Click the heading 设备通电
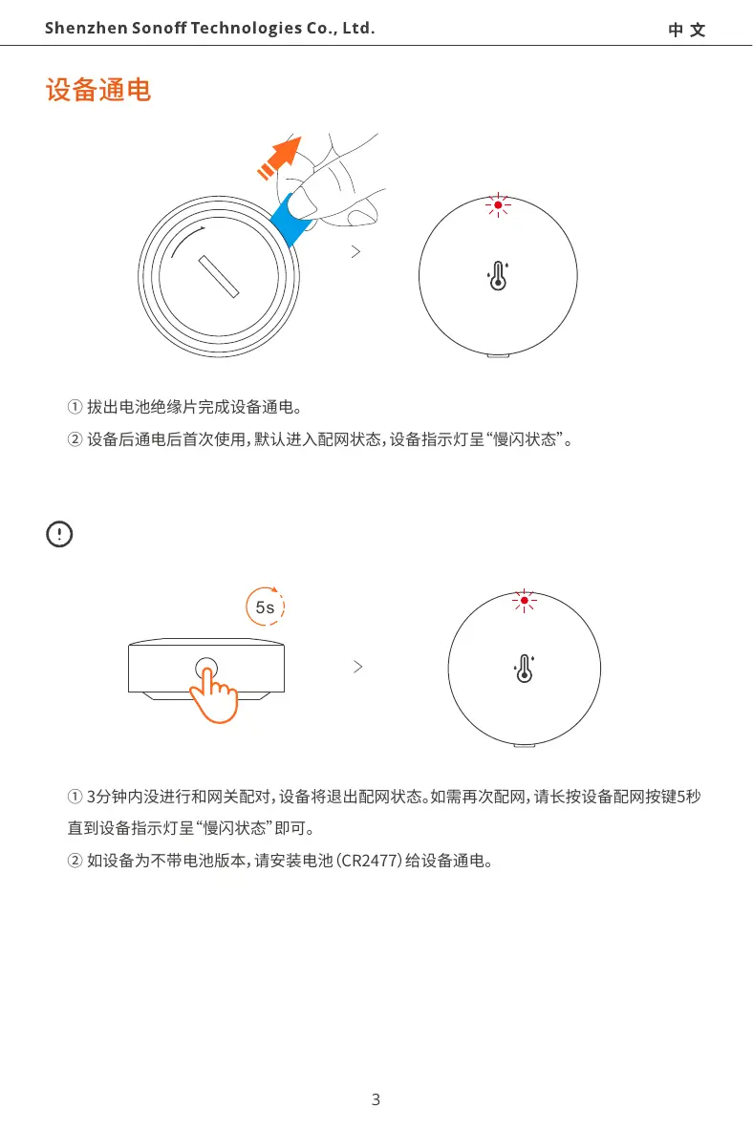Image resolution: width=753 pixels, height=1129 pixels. point(98,92)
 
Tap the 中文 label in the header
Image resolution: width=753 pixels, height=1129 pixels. point(686,30)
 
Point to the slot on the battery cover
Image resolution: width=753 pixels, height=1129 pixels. point(218,276)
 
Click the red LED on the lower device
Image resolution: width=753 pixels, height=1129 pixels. point(524,601)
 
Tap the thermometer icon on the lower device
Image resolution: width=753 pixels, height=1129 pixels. point(524,670)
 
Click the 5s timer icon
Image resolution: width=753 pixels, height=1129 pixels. point(266,607)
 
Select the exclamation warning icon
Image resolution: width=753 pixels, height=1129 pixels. point(59,533)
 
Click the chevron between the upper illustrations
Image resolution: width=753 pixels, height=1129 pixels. point(355,252)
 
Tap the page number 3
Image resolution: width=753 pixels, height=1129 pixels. point(376,1099)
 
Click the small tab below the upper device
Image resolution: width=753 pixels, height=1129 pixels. point(498,355)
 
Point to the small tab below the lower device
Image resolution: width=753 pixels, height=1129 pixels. point(524,744)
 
